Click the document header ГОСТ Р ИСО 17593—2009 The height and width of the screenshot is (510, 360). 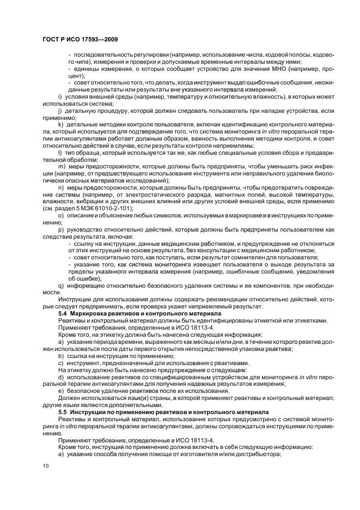[80, 40]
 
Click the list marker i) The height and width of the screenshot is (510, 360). [60, 96]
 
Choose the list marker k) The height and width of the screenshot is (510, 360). [61, 124]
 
